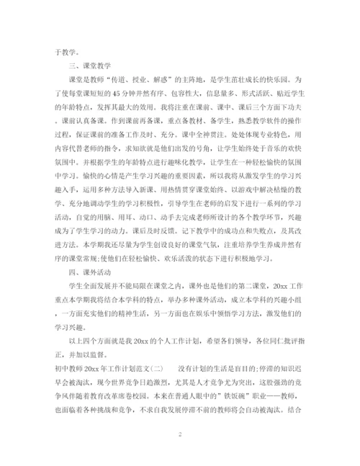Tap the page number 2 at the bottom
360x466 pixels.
[179, 435]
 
